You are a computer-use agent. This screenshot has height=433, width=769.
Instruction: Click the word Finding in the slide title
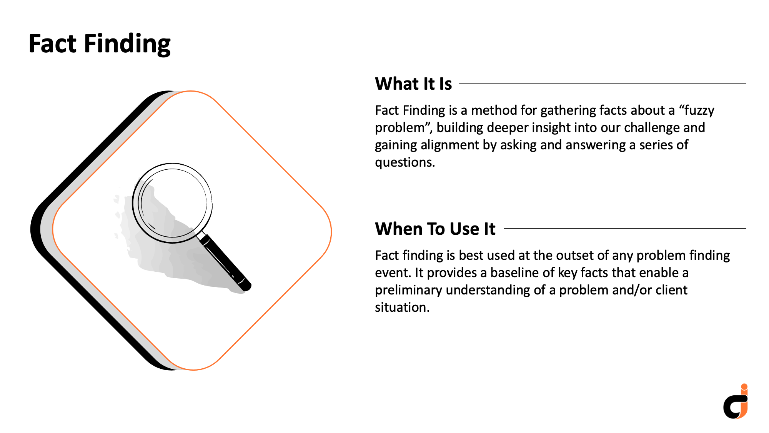coord(127,44)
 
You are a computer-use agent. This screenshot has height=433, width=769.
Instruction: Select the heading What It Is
coord(413,84)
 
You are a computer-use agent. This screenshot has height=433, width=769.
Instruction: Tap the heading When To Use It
coord(435,229)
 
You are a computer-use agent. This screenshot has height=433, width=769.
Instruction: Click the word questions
coord(405,163)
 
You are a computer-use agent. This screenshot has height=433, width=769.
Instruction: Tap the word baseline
coord(514,273)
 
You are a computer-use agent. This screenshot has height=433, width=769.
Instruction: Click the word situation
coord(402,307)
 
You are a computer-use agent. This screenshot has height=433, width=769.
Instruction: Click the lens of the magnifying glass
coord(172,203)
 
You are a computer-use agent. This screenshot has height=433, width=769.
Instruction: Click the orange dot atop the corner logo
coord(744,387)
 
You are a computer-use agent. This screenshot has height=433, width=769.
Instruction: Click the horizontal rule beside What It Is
coord(603,83)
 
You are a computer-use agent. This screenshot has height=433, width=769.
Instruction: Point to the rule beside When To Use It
coord(625,228)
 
